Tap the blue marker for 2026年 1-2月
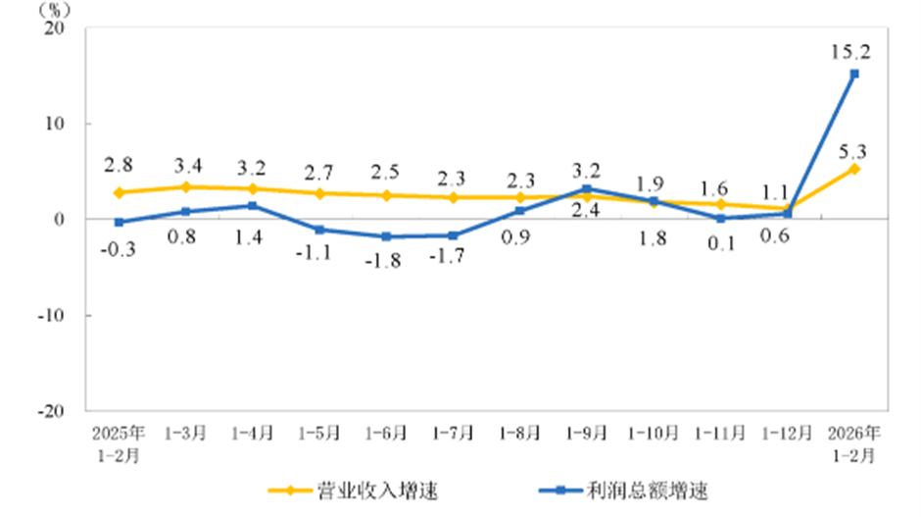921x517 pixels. [854, 74]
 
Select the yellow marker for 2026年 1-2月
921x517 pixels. [854, 169]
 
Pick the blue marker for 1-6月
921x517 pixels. [386, 236]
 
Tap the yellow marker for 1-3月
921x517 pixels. [186, 186]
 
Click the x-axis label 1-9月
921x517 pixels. [587, 432]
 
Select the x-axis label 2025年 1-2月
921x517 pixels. [119, 442]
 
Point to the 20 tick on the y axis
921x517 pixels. [55, 28]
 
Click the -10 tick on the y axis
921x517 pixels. [51, 315]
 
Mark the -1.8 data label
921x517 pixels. [385, 263]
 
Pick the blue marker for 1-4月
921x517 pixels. [253, 206]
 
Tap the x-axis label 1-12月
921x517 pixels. [788, 432]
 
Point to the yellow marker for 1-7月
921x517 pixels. [454, 197]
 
